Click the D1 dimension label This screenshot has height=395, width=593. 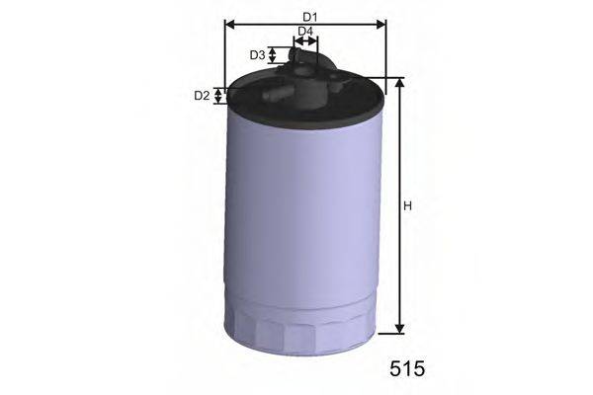pyautogui.click(x=309, y=16)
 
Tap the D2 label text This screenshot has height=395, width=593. pyautogui.click(x=202, y=96)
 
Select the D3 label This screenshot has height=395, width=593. pyautogui.click(x=257, y=55)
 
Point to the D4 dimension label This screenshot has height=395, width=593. pyautogui.click(x=305, y=32)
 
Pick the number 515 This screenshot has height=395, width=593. pyautogui.click(x=405, y=369)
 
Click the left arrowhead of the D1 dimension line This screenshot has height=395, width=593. pyautogui.click(x=229, y=25)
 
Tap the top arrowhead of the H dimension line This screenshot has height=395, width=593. pyautogui.click(x=399, y=84)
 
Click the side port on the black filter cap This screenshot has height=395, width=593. pyautogui.click(x=276, y=96)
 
